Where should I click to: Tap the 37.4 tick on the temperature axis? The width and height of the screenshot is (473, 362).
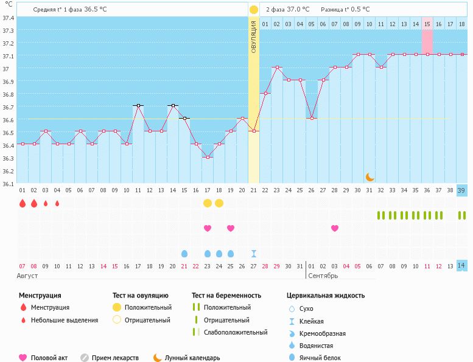9,18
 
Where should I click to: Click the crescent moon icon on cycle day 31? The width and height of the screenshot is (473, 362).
370,177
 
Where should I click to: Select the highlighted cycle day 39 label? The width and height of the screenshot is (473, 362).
461,190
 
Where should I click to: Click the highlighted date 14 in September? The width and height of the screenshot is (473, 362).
461,266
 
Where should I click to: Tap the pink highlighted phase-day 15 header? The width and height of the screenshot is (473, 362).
427,24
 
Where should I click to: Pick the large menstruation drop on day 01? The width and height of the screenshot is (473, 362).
23,203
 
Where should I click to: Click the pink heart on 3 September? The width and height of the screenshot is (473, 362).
335,228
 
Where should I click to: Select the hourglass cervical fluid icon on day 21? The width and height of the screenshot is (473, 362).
254,253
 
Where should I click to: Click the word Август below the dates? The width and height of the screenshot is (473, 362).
28,276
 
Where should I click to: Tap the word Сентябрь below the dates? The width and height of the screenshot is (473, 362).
323,276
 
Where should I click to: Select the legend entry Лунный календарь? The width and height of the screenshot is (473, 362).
192,358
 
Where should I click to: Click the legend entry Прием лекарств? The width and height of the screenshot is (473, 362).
115,358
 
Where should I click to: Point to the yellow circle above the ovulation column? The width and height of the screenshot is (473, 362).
254,10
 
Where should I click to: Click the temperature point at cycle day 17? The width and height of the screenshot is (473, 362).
208,157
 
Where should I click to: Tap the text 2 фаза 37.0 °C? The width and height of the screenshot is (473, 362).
287,10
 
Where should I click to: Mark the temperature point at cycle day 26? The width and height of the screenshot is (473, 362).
312,119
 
